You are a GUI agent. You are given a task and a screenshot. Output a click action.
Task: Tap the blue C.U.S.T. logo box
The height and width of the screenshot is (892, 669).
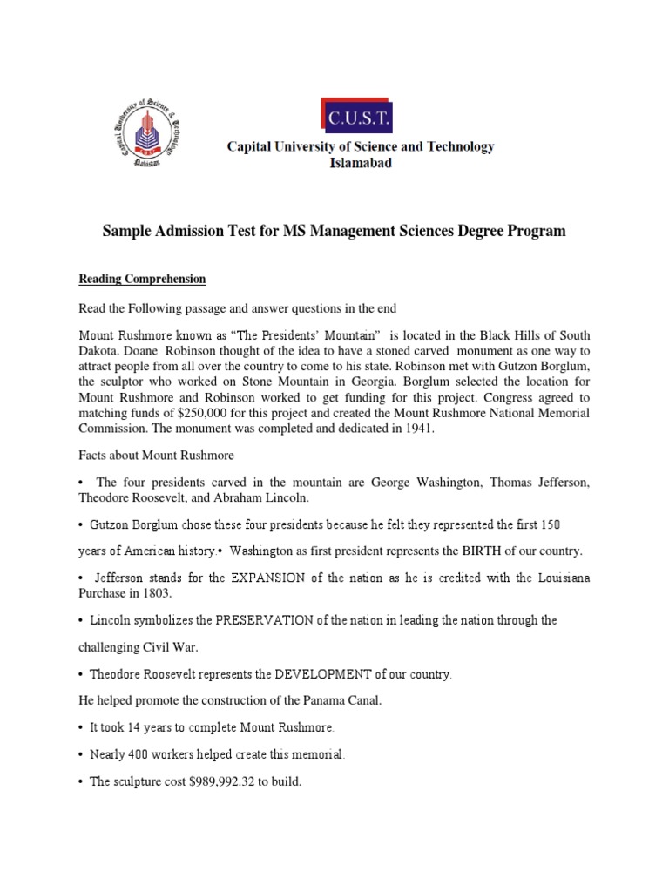[x=359, y=118]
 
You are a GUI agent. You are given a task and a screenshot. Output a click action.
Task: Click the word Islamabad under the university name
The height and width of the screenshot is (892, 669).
[x=360, y=163]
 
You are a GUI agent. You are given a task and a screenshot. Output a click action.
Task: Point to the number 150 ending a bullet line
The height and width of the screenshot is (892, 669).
[x=574, y=525]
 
